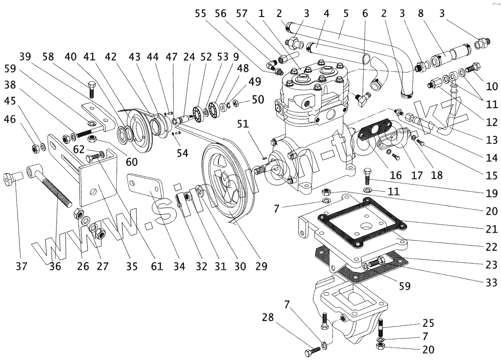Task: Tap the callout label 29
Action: pos(260,266)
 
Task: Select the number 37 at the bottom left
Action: pos(21,266)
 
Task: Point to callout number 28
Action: pos(269,317)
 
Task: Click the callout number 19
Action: pos(491,193)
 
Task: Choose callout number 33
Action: pos(491,282)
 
